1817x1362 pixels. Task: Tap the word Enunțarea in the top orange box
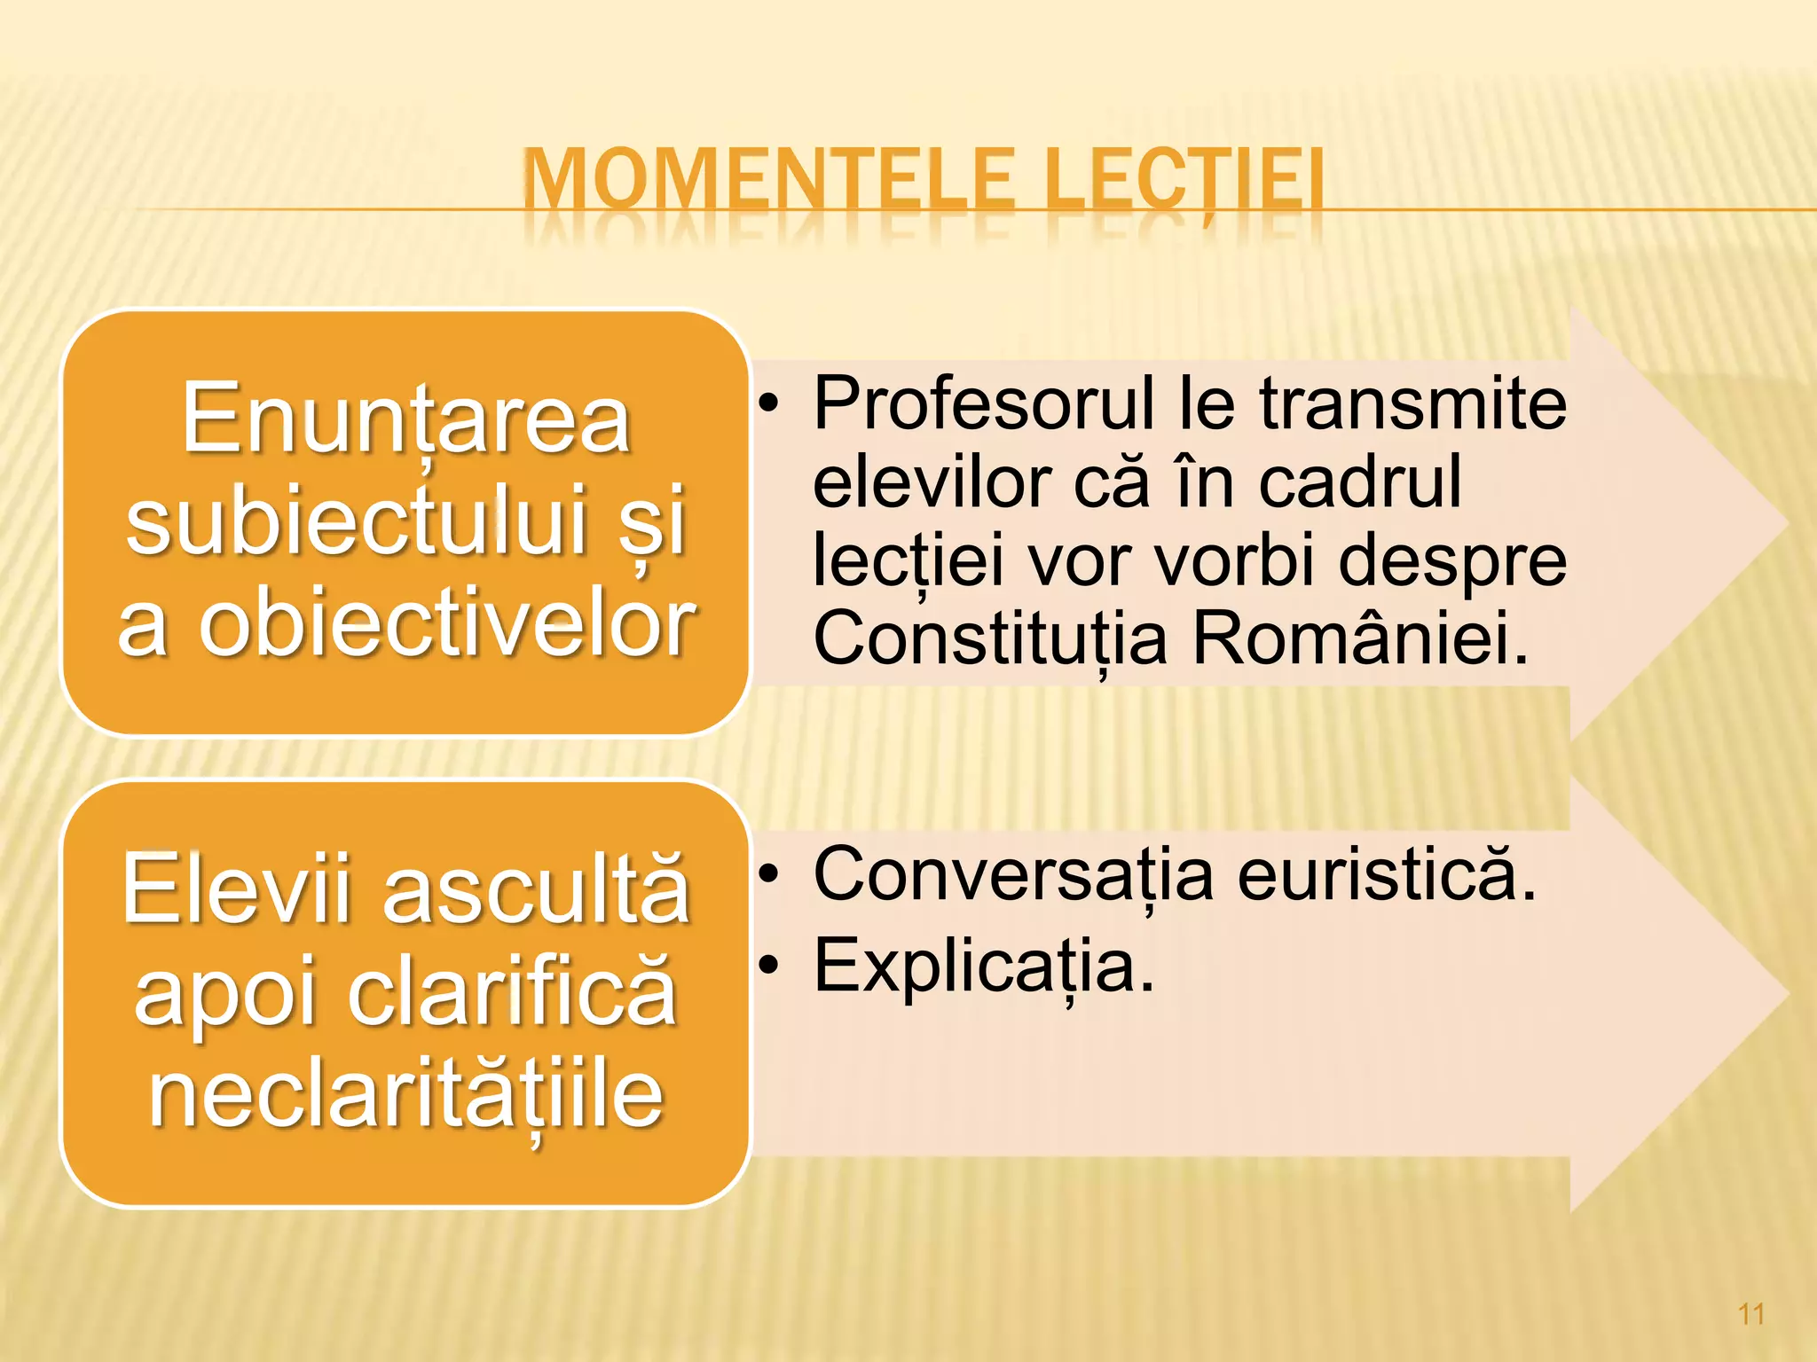tap(406, 419)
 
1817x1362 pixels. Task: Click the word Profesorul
tap(985, 403)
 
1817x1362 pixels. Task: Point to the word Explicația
tap(984, 967)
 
